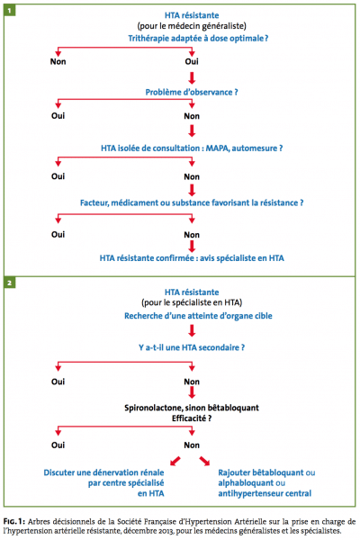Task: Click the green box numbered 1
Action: (x=9, y=10)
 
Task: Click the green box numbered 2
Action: (x=9, y=283)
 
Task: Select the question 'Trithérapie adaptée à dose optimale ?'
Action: (x=198, y=38)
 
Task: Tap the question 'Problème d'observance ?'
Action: (x=192, y=93)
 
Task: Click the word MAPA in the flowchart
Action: (x=218, y=148)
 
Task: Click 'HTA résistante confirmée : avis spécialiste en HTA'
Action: (x=192, y=258)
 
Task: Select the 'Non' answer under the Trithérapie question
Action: (x=58, y=61)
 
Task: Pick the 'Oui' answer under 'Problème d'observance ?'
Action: (x=58, y=116)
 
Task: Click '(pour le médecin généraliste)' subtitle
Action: (x=192, y=26)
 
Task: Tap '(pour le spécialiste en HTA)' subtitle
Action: (x=192, y=302)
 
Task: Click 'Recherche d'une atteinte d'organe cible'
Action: (x=198, y=316)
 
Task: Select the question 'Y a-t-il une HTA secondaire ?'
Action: (x=192, y=347)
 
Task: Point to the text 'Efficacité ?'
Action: (x=192, y=418)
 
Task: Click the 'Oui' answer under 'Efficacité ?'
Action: (x=58, y=445)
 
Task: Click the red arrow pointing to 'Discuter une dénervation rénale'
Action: (x=175, y=461)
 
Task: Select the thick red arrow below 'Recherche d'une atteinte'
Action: (x=192, y=330)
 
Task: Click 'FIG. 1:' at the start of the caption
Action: (x=14, y=521)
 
